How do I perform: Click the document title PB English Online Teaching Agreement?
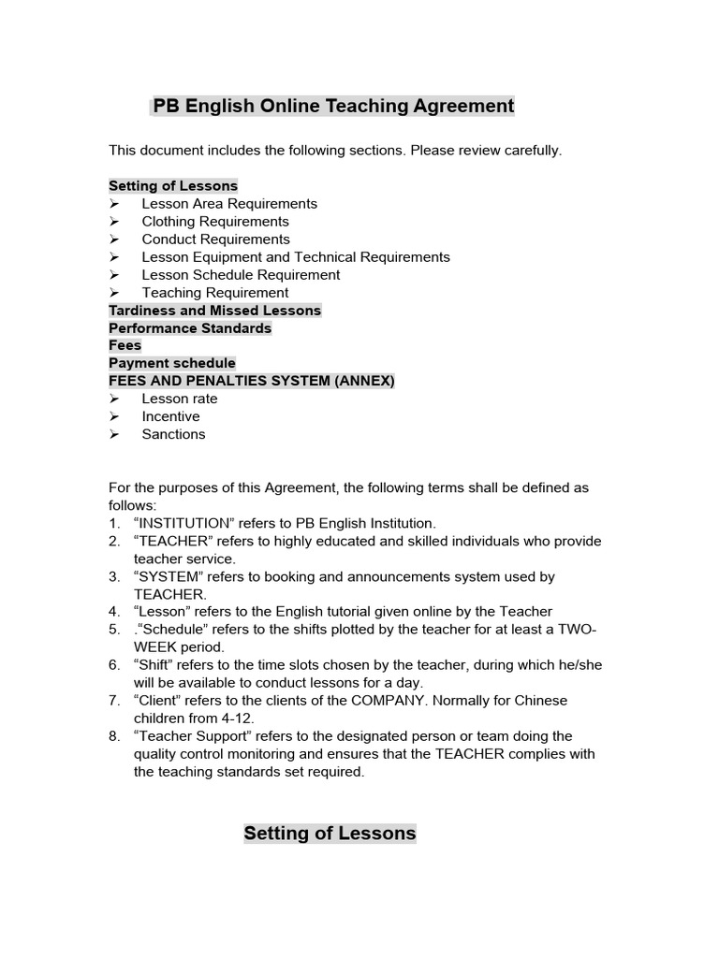coord(332,106)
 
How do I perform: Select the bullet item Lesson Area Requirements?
coord(229,204)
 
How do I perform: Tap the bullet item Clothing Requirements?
coord(215,222)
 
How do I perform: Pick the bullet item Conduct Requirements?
coord(215,239)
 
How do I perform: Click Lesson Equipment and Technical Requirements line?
coord(296,257)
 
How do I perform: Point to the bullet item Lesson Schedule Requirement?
coord(241,275)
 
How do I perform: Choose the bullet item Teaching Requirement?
coord(215,293)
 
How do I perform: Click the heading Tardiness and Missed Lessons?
coord(214,311)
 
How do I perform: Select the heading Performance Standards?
coord(190,328)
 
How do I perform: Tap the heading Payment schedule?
coord(172,363)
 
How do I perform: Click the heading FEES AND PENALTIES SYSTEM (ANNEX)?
coord(252,381)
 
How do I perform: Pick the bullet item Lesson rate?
coord(180,399)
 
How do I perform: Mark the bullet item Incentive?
coord(170,416)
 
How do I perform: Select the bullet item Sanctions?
coord(173,434)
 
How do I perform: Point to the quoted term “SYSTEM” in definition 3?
coord(169,577)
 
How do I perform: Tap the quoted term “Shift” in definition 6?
coord(155,665)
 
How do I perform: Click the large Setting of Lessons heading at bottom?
coord(330,834)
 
